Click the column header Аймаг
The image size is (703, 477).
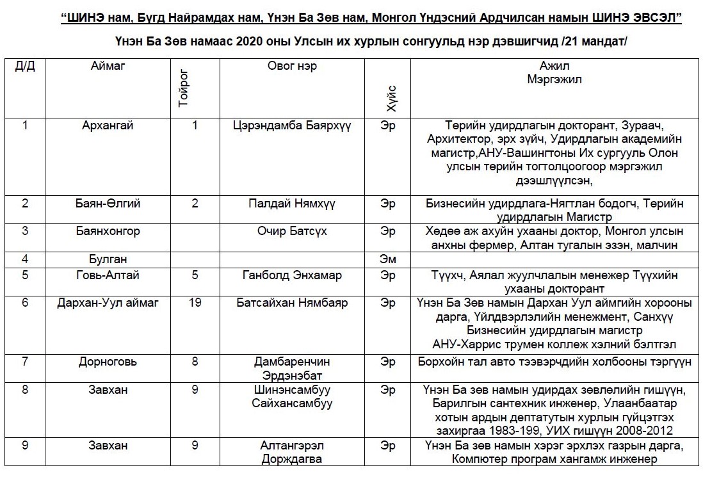coord(108,67)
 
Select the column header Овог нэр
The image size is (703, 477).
coord(292,67)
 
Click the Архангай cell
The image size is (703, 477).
coord(108,125)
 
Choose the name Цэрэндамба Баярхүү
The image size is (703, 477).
coord(292,125)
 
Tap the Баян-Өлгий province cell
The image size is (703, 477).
coord(108,204)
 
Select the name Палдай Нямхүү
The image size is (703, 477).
coord(292,204)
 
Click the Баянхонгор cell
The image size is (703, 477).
coord(108,230)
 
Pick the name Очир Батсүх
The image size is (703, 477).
coord(292,230)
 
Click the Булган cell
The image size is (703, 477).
coord(108,259)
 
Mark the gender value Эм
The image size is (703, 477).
coord(388,259)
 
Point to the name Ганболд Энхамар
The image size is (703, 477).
coord(292,275)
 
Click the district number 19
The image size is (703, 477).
coord(195,302)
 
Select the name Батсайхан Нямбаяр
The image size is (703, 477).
coord(292,302)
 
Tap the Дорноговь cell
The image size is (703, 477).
coord(108,361)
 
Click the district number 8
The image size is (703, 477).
coord(195,361)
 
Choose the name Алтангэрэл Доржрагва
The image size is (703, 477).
coord(292,452)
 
